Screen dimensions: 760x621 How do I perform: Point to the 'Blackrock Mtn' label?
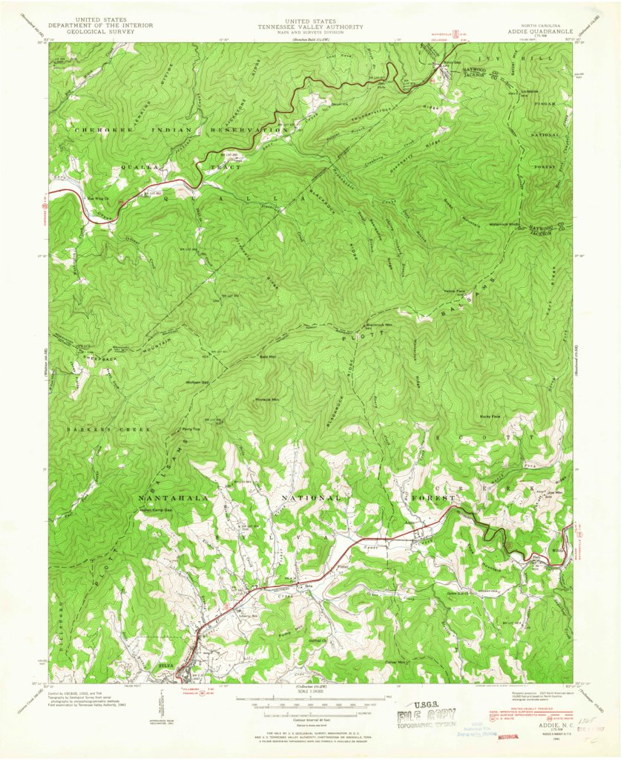click(x=379, y=325)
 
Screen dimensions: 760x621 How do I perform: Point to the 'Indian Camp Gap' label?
click(x=157, y=511)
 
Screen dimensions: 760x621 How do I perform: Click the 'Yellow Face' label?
click(x=454, y=291)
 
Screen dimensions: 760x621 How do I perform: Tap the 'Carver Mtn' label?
click(x=396, y=662)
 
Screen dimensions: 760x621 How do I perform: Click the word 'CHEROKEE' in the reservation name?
click(x=99, y=130)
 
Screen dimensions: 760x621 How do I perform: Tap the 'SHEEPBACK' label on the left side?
click(x=93, y=356)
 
